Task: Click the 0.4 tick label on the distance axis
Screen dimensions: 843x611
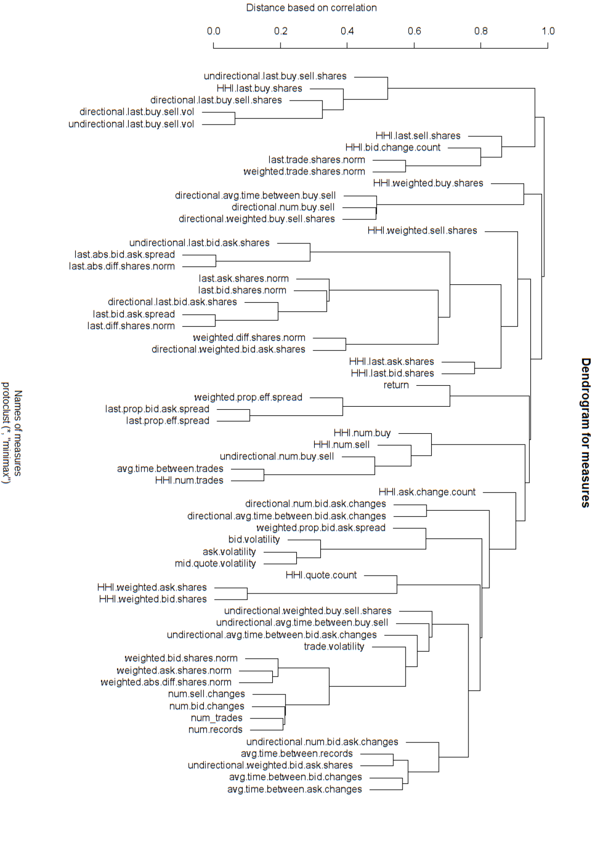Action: (x=347, y=31)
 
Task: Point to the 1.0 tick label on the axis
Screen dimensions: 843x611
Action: (x=548, y=31)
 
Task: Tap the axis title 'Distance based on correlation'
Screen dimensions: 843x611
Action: (x=311, y=8)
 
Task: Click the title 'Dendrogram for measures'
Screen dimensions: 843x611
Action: (x=585, y=432)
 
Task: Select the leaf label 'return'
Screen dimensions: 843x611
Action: (x=396, y=385)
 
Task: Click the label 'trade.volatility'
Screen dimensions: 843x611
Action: (x=334, y=647)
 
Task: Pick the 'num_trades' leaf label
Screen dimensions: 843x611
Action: (x=217, y=718)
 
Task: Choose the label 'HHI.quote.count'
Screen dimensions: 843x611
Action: (x=321, y=575)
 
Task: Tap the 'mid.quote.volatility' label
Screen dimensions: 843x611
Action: (x=215, y=563)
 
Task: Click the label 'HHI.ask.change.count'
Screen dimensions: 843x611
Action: (x=427, y=492)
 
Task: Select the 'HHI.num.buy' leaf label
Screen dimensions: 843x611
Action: (x=362, y=433)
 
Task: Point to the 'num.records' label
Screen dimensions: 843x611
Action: (x=215, y=730)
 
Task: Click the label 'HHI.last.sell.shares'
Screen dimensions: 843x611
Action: (x=418, y=136)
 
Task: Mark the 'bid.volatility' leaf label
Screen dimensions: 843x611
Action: (x=254, y=539)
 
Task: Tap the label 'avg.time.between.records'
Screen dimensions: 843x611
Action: (x=297, y=754)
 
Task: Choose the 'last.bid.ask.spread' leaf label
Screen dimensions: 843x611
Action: (x=134, y=314)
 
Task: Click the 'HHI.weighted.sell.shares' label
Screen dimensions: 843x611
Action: (x=422, y=231)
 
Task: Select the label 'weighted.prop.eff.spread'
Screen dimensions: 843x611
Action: (x=248, y=397)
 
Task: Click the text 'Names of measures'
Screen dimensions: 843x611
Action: (x=18, y=433)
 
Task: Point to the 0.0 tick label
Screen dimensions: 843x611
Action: (x=214, y=31)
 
